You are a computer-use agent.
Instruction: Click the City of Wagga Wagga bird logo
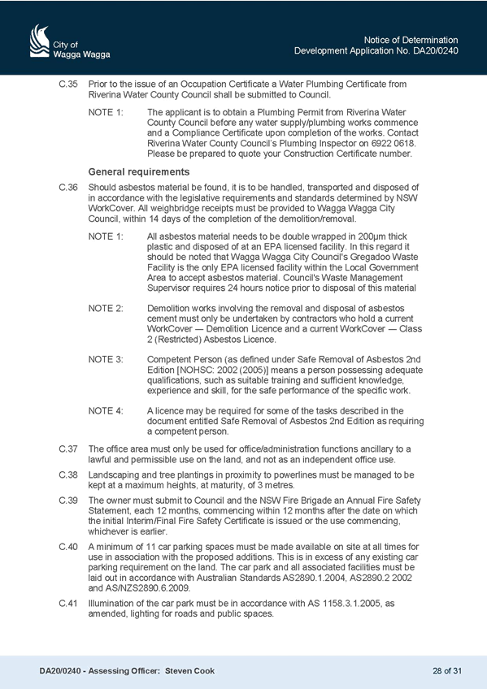click(39, 41)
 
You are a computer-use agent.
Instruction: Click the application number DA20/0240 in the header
click(435, 51)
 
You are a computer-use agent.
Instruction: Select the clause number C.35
click(68, 84)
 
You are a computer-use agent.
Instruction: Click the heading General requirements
click(139, 171)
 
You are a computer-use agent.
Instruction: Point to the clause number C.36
click(68, 188)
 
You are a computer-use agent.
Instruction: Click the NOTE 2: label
click(106, 309)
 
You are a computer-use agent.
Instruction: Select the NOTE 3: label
click(106, 359)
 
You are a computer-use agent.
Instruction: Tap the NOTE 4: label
click(106, 411)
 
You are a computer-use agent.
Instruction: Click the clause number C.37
click(68, 449)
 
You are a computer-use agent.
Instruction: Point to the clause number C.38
click(68, 475)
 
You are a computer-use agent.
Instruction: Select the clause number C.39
click(68, 500)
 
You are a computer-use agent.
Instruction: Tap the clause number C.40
click(68, 547)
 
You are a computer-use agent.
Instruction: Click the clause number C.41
click(68, 604)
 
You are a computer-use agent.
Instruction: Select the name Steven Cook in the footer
click(190, 671)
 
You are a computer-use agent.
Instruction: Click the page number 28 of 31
click(447, 671)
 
